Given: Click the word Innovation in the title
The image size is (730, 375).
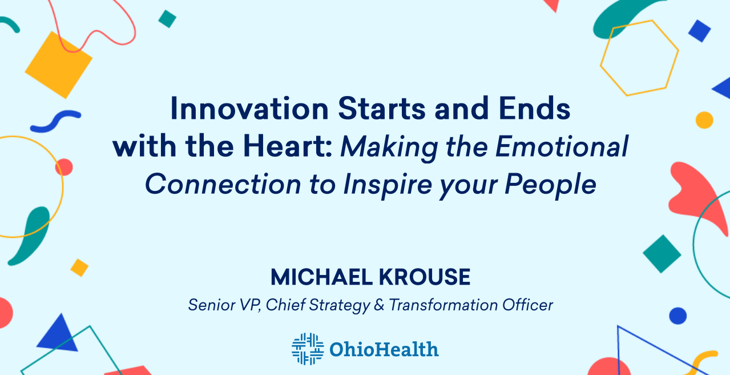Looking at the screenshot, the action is [x=249, y=109].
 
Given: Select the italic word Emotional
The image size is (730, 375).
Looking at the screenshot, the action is [x=562, y=146].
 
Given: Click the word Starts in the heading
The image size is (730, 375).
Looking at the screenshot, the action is [x=382, y=109].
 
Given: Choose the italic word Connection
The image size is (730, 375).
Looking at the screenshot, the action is [x=223, y=184].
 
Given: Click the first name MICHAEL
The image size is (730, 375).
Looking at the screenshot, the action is [x=321, y=277].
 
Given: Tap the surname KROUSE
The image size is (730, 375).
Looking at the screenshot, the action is [x=425, y=277].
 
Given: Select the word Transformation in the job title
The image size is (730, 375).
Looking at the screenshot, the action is [x=443, y=305].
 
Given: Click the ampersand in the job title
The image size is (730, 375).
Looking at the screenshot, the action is [x=379, y=305].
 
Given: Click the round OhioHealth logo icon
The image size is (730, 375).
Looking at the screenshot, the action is [x=308, y=349].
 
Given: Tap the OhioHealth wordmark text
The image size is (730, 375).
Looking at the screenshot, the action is [x=384, y=349].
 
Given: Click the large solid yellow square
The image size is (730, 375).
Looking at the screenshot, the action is [x=59, y=65].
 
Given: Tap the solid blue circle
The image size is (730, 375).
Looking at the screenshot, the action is [x=678, y=316].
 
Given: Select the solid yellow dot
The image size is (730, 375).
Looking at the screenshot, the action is [x=704, y=120].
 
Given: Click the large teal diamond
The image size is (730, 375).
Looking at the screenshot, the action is [x=662, y=254].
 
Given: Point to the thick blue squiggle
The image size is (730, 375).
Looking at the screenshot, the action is [x=55, y=121].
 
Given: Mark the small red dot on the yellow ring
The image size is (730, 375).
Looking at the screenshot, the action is [x=64, y=167].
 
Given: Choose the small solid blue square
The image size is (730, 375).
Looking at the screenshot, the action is [x=699, y=31].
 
